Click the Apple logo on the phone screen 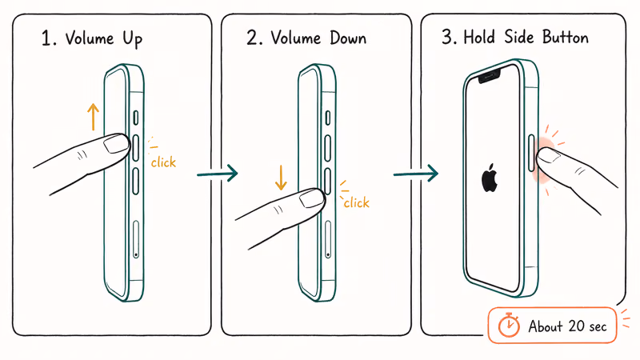point(489,178)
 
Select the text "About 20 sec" point(567,326)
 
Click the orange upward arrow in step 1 point(93,116)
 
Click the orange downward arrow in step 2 point(281,176)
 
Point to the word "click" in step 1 point(163,162)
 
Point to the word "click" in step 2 point(356,202)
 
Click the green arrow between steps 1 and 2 point(218,173)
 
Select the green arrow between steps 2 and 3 point(415,173)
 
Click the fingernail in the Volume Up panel point(117,144)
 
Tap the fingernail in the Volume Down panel point(311,200)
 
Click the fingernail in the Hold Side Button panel point(548,158)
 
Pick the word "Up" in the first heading point(131,38)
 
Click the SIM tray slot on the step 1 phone point(135,239)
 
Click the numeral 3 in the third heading point(445,38)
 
